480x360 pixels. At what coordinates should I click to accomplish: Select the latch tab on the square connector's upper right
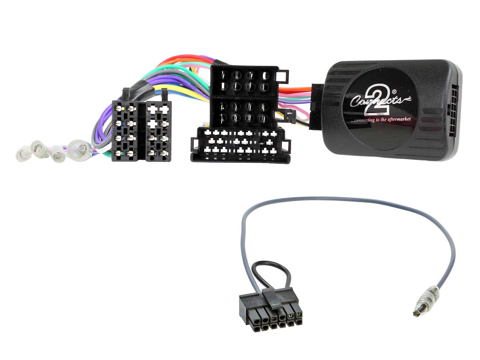284,77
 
